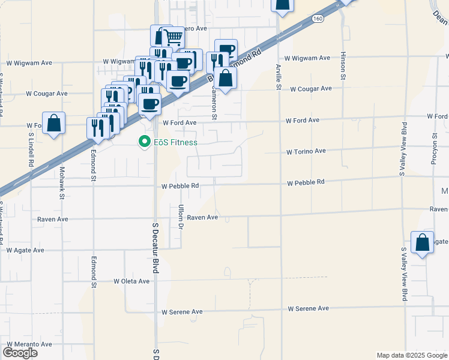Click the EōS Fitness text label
[176, 143]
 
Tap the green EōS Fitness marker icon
[144, 142]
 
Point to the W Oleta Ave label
[131, 281]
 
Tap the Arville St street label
[278, 77]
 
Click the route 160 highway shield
[317, 20]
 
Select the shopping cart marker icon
[173, 38]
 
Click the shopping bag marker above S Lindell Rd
[54, 123]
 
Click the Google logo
[20, 353]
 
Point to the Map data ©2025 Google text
[411, 355]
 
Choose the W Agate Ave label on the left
[25, 250]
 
